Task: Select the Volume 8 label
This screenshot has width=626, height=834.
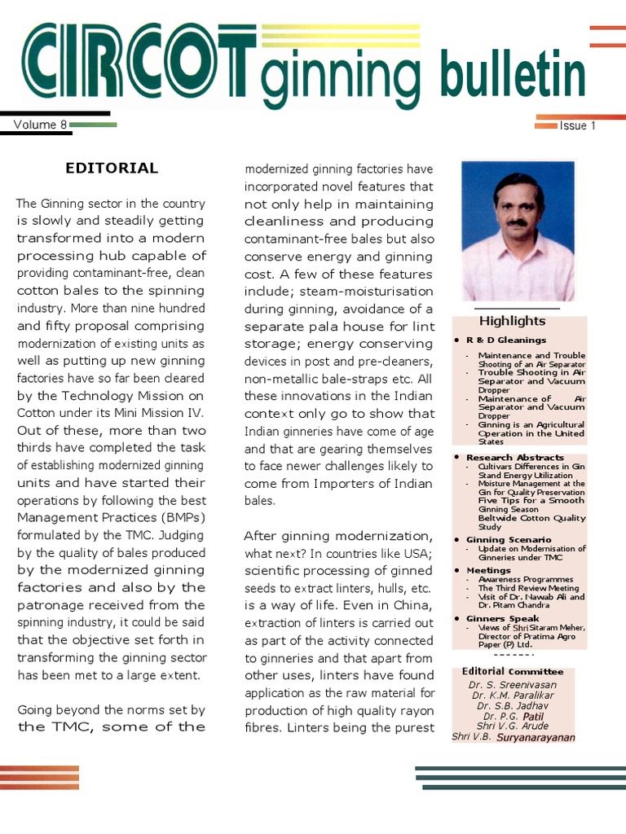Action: click(40, 125)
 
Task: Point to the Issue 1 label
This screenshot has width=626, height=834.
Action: click(577, 125)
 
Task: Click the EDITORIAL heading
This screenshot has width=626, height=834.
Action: click(112, 169)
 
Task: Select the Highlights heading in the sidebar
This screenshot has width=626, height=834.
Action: click(512, 321)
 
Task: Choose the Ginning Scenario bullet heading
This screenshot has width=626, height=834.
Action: click(509, 539)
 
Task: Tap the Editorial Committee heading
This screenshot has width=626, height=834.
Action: click(512, 671)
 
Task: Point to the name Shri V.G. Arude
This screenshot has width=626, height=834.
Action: click(512, 726)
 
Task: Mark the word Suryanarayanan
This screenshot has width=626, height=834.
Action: click(536, 738)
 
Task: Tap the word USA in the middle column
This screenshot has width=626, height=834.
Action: click(417, 554)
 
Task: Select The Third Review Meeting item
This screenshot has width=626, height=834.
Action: click(528, 588)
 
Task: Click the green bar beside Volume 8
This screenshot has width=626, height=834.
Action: click(93, 125)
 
